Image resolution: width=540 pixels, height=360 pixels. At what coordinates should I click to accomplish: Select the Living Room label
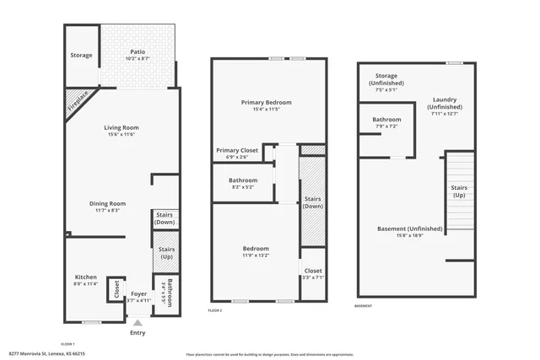pos(122,128)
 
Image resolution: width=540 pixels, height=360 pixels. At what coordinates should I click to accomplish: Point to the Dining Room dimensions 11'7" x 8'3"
pos(108,211)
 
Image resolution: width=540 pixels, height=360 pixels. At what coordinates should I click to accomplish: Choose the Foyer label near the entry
pos(138,294)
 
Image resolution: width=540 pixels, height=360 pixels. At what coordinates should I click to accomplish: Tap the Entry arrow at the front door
pos(138,323)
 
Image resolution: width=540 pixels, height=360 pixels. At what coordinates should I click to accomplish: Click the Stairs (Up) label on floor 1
pos(165,253)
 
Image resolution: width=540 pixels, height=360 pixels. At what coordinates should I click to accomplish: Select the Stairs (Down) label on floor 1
pos(165,219)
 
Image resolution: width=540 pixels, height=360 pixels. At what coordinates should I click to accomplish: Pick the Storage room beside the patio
pos(81,56)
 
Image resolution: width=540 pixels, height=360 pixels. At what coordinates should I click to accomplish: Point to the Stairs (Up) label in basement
pos(460,191)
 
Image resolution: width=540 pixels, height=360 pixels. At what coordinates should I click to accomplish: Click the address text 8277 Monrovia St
pos(46,354)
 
